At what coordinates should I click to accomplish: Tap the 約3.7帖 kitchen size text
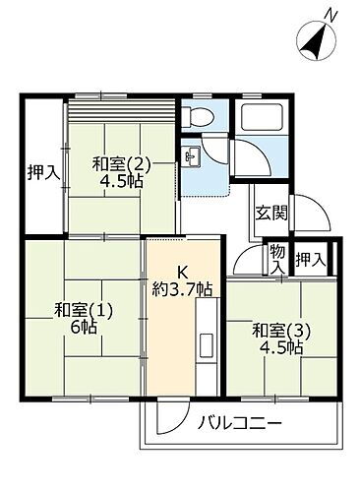(x=182, y=289)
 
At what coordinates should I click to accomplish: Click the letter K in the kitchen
(x=182, y=273)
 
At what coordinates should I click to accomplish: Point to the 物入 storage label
(x=278, y=261)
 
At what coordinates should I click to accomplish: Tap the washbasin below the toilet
(x=192, y=155)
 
